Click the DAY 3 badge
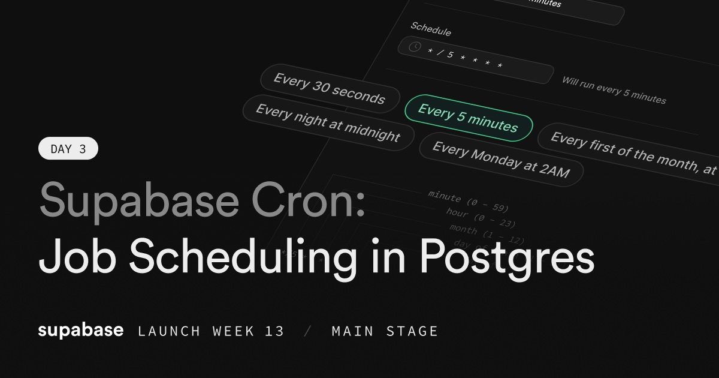(x=68, y=149)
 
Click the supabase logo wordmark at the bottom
(x=81, y=330)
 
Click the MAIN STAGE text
(x=385, y=331)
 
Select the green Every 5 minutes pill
(x=468, y=118)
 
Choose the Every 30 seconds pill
(x=329, y=89)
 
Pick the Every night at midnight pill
(x=328, y=122)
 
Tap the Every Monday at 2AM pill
(x=500, y=159)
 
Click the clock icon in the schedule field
(x=414, y=47)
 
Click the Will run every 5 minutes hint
(x=614, y=90)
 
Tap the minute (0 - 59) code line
(x=468, y=201)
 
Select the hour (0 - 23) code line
(x=481, y=218)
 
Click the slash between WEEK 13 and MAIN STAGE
(x=308, y=331)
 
